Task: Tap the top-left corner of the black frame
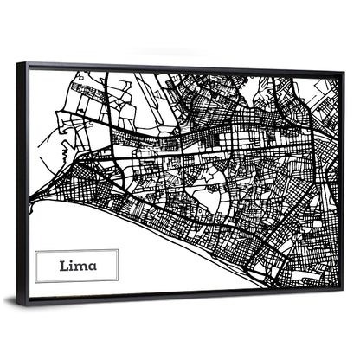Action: (x=26, y=63)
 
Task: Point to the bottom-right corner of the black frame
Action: (x=344, y=289)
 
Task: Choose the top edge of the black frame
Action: (x=173, y=68)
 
